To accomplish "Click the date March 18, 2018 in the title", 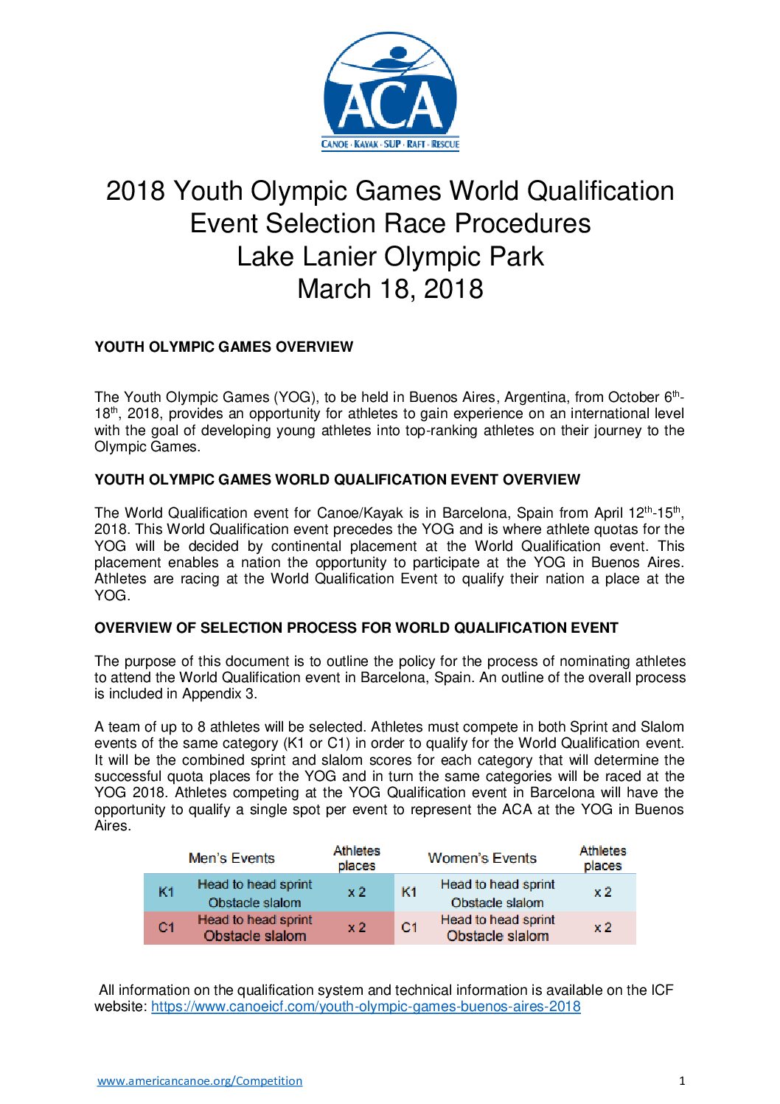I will click(x=390, y=288).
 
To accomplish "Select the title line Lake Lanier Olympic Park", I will click(x=390, y=256).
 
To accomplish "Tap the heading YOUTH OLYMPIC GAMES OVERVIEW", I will click(x=223, y=347).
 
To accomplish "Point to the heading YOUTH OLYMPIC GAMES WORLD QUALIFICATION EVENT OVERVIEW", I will click(x=337, y=479).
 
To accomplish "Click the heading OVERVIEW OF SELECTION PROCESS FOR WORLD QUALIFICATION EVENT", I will click(x=356, y=628).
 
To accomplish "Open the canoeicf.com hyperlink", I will click(x=366, y=1006).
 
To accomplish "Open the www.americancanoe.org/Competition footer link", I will click(x=200, y=1080).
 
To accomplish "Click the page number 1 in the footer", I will click(x=681, y=1080).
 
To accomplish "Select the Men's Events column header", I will click(x=231, y=858).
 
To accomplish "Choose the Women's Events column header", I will click(x=482, y=858).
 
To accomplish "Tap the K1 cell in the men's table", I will click(x=167, y=892).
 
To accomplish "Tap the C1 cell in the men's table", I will click(x=167, y=927).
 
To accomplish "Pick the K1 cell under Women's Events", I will click(x=409, y=892).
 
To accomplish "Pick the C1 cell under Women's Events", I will click(x=409, y=927).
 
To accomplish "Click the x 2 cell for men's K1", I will click(x=357, y=892).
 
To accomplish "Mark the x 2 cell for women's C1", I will click(x=603, y=927).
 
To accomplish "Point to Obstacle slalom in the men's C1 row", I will click(x=255, y=936).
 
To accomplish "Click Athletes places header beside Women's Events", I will click(x=603, y=858).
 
